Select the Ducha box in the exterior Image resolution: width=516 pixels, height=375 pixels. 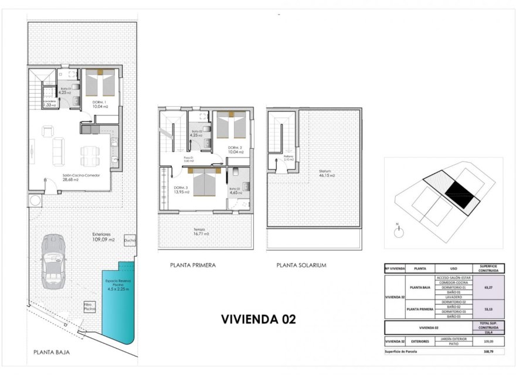[130, 240]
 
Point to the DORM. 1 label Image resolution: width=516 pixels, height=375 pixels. [100, 101]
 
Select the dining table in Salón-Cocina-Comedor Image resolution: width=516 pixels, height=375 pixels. [90, 155]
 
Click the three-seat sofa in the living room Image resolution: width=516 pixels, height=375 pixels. [59, 152]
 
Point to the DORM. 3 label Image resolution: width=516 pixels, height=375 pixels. [181, 189]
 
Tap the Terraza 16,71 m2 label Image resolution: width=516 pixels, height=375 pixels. [202, 231]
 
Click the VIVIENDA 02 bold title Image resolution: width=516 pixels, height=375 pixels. [258, 319]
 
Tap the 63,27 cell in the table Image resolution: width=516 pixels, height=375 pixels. [487, 288]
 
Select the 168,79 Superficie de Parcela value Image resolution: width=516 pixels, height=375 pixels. [487, 352]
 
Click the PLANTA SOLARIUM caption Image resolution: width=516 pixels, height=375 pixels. [301, 265]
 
